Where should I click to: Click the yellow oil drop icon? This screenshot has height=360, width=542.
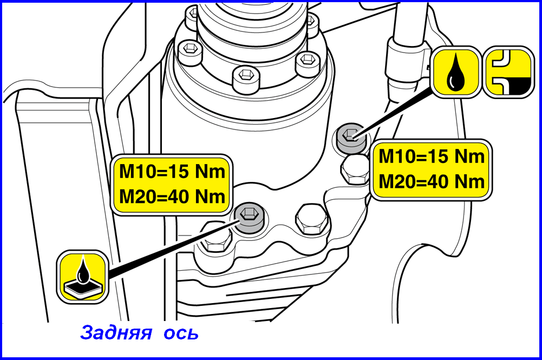tap(456, 72)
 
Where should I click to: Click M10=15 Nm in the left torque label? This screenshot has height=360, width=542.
tap(172, 172)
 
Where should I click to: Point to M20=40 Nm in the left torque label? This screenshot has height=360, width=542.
tap(172, 197)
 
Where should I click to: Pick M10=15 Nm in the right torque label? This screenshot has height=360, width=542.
tap(432, 156)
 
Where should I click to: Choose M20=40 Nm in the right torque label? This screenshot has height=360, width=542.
tap(432, 181)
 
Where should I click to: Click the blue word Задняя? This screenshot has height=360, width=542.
tap(116, 332)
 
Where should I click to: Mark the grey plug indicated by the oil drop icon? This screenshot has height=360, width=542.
tap(351, 138)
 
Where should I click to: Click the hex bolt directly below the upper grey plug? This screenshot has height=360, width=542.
tap(356, 169)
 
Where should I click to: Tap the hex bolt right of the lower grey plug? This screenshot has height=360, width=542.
tap(311, 219)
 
